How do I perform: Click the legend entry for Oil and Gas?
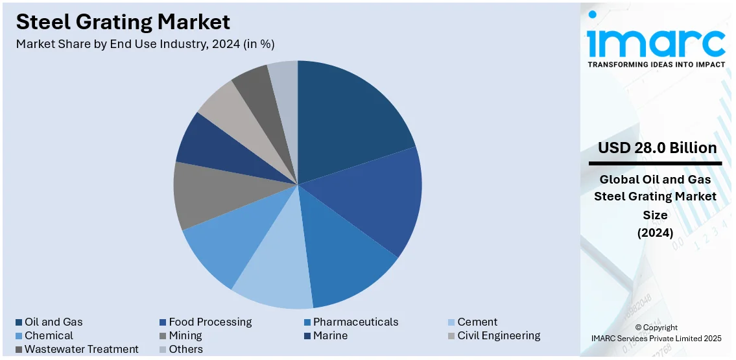coord(54,322)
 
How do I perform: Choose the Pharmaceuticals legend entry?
coord(355,322)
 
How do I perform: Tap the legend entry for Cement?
coord(477,322)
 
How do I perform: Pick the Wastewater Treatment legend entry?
coord(81,349)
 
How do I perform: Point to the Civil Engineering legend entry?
coord(499,335)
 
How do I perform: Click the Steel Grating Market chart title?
coord(123,22)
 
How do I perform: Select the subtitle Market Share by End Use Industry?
coord(145,44)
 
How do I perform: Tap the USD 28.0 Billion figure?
coord(658,148)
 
